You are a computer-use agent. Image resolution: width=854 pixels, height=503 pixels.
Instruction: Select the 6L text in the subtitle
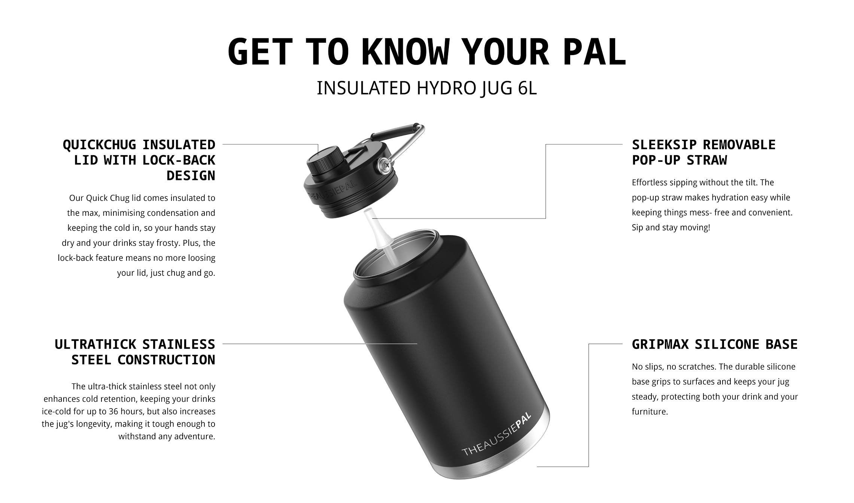pyautogui.click(x=528, y=88)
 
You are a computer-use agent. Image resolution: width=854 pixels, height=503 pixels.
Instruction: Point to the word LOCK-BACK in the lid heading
pyautogui.click(x=179, y=160)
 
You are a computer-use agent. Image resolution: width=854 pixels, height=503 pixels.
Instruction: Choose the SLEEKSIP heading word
pyautogui.click(x=664, y=145)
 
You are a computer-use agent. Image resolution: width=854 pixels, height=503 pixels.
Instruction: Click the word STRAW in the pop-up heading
pyautogui.click(x=707, y=160)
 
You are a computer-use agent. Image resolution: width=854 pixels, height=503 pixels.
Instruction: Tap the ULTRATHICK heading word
pyautogui.click(x=95, y=344)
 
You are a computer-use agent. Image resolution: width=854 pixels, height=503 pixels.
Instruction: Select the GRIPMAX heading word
pyautogui.click(x=660, y=344)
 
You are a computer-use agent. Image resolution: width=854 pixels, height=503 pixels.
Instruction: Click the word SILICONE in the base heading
pyautogui.click(x=727, y=344)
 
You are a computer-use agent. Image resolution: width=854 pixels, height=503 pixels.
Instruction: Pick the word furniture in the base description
pyautogui.click(x=650, y=412)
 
